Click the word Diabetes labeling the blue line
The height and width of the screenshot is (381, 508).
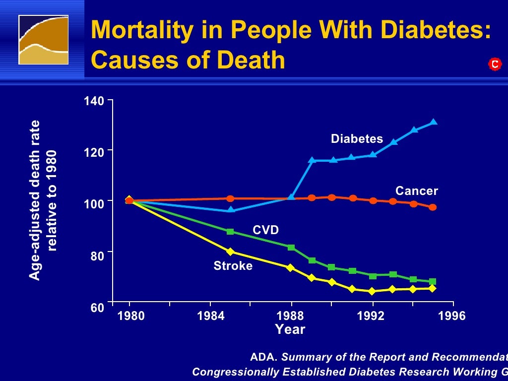click(x=357, y=139)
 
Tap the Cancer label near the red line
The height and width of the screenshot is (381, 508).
click(x=416, y=191)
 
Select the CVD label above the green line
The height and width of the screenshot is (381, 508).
click(x=265, y=230)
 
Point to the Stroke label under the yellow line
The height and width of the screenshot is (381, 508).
click(x=233, y=266)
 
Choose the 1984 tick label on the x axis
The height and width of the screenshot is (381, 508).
click(x=211, y=316)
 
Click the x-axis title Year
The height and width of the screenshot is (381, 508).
click(x=290, y=329)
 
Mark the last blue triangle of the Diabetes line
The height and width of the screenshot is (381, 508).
click(x=434, y=122)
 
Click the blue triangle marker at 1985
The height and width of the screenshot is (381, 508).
click(x=231, y=210)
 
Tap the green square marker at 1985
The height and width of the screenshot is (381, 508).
click(x=230, y=232)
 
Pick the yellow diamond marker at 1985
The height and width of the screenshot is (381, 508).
click(x=230, y=252)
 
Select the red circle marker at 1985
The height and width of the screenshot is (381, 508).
click(x=230, y=198)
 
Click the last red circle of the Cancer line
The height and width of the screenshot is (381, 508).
click(x=433, y=207)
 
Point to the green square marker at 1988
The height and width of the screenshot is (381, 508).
click(x=291, y=247)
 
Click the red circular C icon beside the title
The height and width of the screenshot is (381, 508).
click(x=494, y=64)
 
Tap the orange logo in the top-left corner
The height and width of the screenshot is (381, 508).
click(x=43, y=40)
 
